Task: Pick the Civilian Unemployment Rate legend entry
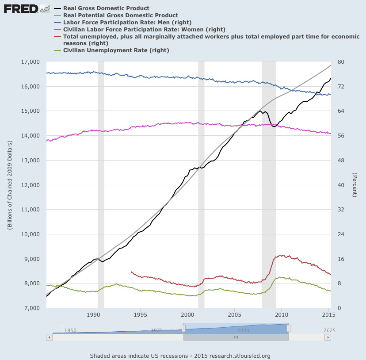click(116, 50)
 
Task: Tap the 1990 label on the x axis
click(93, 315)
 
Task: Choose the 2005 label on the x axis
click(234, 315)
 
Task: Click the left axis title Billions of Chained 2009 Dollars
click(10, 185)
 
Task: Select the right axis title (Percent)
click(354, 185)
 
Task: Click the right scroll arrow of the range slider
click(328, 337)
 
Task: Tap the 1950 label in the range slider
click(70, 330)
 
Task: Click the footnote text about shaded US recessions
click(180, 356)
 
